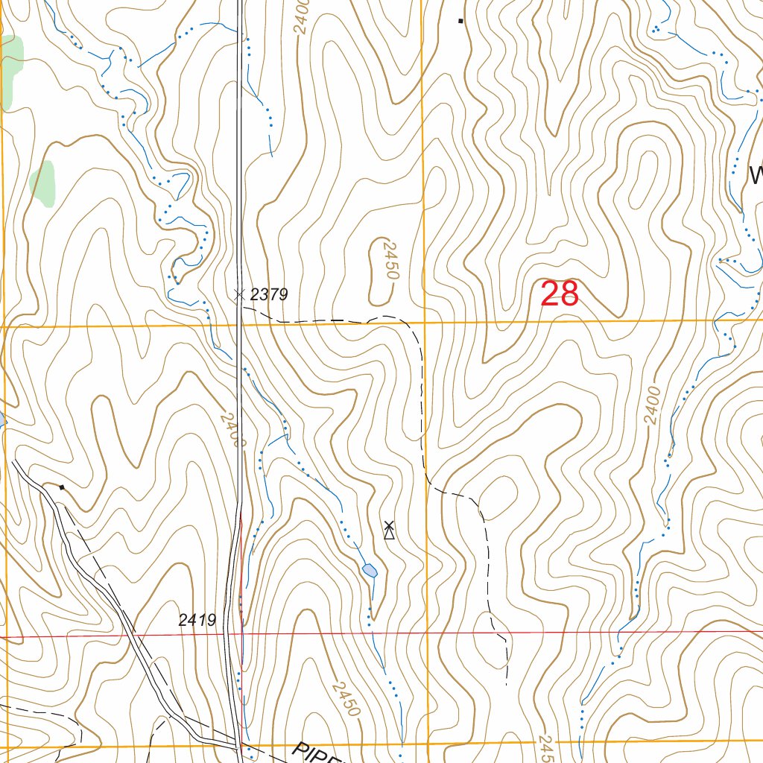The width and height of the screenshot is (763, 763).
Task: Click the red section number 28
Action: pyautogui.click(x=559, y=294)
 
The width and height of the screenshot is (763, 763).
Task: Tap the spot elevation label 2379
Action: pyautogui.click(x=268, y=295)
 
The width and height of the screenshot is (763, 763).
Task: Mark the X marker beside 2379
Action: pyautogui.click(x=239, y=294)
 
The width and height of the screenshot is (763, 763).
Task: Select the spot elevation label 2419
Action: pyautogui.click(x=197, y=619)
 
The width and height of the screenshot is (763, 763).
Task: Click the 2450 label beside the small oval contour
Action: pyautogui.click(x=387, y=260)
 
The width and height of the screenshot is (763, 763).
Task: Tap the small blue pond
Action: pyautogui.click(x=370, y=571)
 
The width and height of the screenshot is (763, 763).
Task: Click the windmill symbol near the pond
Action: pyautogui.click(x=388, y=530)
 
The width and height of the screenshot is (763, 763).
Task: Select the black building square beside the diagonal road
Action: pyautogui.click(x=62, y=487)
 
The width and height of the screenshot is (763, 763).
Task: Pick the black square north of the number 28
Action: pyautogui.click(x=460, y=21)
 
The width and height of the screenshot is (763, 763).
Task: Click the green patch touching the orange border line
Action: pyautogui.click(x=11, y=71)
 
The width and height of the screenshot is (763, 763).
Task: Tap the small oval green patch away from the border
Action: pyautogui.click(x=42, y=183)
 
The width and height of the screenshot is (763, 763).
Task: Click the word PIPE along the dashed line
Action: pyautogui.click(x=314, y=753)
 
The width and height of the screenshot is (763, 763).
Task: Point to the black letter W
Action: pyautogui.click(x=756, y=176)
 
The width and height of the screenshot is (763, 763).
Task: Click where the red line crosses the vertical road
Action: pyautogui.click(x=241, y=636)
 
